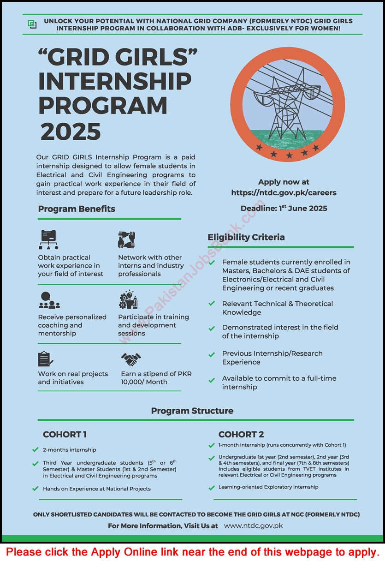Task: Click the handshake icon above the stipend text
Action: point(130,359)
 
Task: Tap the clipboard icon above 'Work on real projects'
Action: point(45,359)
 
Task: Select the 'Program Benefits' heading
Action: point(77,209)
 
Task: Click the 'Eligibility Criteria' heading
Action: point(246,237)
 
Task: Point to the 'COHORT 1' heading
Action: point(65,434)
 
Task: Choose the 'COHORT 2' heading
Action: point(241,434)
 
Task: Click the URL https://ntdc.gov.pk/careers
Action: point(284,193)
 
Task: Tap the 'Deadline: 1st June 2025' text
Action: point(284,208)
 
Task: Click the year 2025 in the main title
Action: point(71,132)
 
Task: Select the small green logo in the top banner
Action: point(32,24)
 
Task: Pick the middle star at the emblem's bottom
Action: point(289,155)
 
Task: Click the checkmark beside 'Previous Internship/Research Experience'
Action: point(212,355)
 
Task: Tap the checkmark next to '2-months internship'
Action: point(36,449)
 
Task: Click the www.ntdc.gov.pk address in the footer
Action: point(253,526)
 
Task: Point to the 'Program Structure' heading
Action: point(192,411)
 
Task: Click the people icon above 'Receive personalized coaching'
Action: point(49,300)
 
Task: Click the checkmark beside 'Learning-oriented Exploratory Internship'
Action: point(212,487)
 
